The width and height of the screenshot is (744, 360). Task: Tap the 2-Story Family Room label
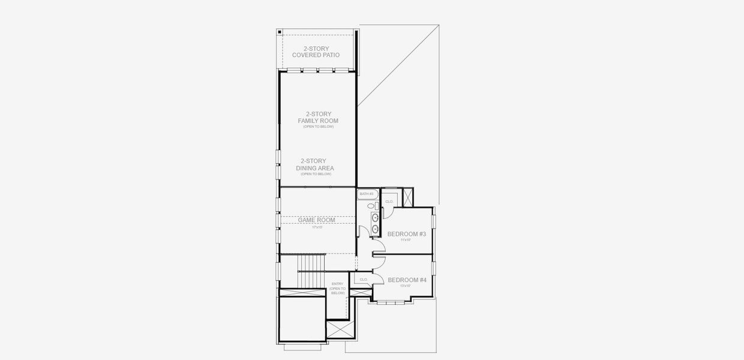pyautogui.click(x=318, y=118)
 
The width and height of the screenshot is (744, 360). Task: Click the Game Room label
pyautogui.click(x=317, y=220)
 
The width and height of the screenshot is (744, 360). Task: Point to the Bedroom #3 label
pyautogui.click(x=406, y=234)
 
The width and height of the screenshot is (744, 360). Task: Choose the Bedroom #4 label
pyautogui.click(x=407, y=280)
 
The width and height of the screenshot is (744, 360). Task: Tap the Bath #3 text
pyautogui.click(x=366, y=194)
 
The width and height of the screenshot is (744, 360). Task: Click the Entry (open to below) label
pyautogui.click(x=338, y=288)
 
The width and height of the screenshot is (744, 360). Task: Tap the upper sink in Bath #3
pyautogui.click(x=375, y=217)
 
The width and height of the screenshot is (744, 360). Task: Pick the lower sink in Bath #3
pyautogui.click(x=375, y=229)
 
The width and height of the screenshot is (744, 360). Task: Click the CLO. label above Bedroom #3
pyautogui.click(x=389, y=202)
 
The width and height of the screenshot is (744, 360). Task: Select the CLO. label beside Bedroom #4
pyautogui.click(x=364, y=280)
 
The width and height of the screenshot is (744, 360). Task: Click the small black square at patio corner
pyautogui.click(x=280, y=32)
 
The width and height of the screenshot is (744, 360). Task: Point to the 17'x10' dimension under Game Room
pyautogui.click(x=317, y=227)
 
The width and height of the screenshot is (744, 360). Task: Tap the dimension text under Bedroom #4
pyautogui.click(x=406, y=286)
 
